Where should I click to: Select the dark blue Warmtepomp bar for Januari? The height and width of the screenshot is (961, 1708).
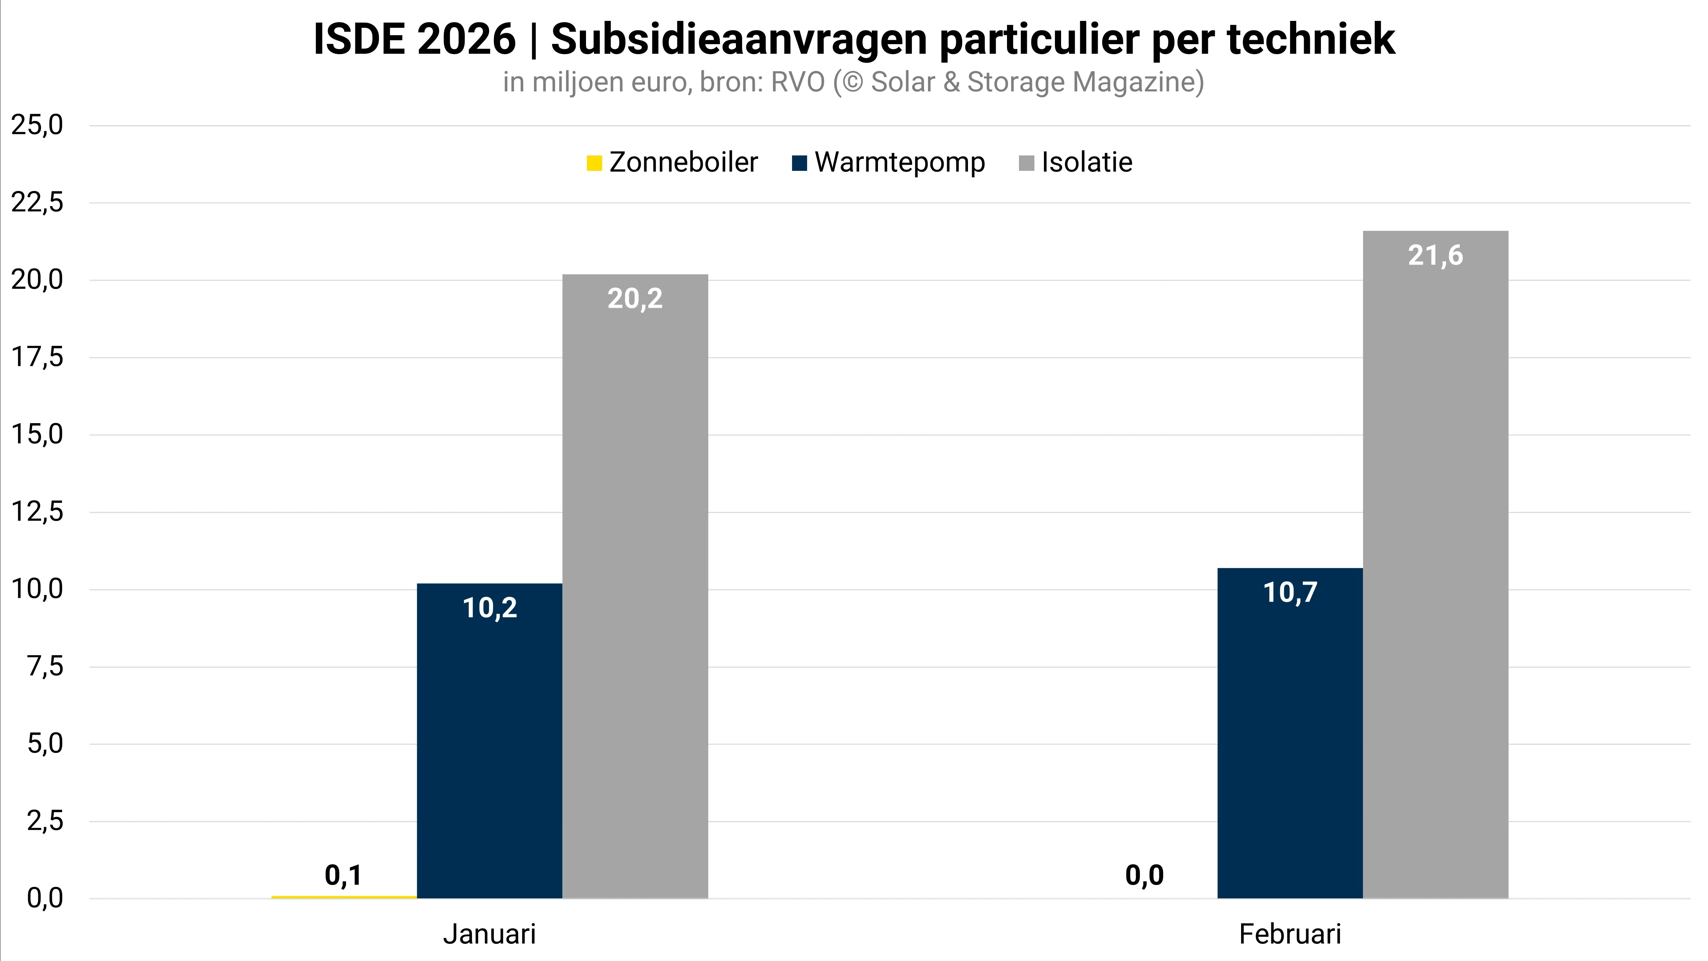489,743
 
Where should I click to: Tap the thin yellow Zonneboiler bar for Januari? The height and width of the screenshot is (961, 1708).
343,897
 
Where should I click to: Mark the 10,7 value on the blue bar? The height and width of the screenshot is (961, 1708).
1290,592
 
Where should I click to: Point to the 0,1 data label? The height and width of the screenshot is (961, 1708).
343,875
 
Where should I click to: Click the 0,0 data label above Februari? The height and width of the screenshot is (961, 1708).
1144,875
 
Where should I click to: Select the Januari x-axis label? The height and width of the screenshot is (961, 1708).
489,934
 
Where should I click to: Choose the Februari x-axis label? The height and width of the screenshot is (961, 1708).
1290,934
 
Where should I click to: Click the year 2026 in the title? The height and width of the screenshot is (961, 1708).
466,39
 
